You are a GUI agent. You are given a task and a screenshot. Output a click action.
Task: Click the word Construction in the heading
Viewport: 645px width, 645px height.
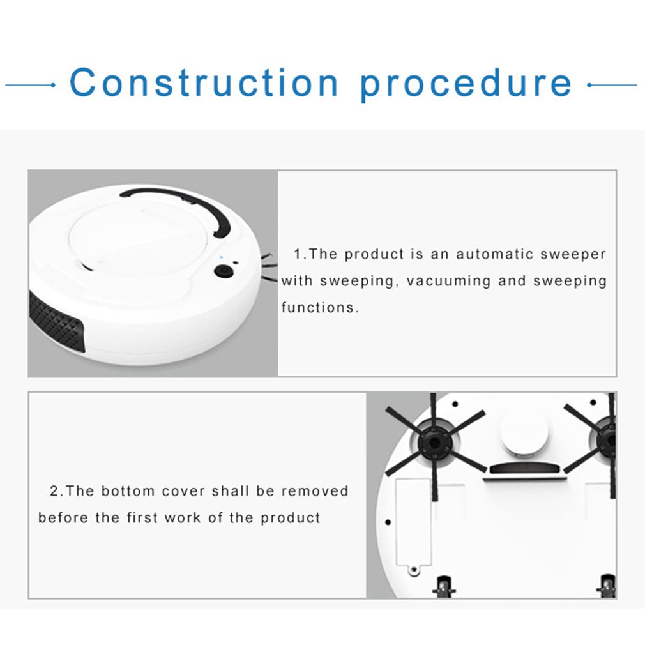(204, 83)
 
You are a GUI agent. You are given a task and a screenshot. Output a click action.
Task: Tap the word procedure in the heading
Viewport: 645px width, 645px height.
(466, 84)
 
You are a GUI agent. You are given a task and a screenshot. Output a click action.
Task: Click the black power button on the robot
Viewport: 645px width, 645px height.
(223, 271)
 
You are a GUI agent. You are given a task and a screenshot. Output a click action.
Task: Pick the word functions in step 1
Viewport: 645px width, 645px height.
(317, 308)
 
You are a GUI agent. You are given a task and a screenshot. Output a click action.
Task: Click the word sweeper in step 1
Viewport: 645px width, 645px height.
(573, 254)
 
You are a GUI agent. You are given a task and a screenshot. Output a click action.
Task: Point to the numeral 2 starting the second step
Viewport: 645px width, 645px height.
(54, 491)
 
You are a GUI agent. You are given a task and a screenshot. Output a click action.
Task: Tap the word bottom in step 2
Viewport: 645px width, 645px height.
(128, 491)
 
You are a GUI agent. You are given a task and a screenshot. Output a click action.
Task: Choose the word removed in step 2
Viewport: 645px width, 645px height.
(315, 491)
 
